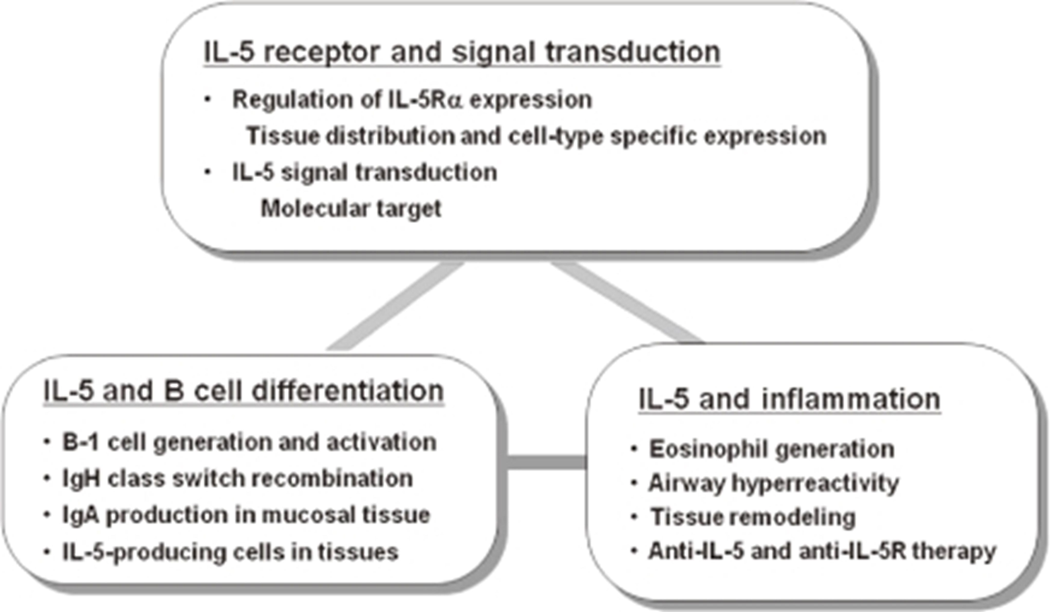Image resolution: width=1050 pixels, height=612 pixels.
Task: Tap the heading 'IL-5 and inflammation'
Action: click(789, 399)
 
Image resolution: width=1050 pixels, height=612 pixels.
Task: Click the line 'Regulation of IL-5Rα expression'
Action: click(412, 100)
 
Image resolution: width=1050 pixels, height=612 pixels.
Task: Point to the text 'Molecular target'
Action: click(351, 208)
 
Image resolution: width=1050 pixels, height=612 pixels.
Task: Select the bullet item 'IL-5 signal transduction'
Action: click(365, 172)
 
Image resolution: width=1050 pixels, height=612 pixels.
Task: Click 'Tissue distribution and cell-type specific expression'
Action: click(536, 136)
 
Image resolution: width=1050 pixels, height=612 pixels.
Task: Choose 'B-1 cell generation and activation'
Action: click(249, 442)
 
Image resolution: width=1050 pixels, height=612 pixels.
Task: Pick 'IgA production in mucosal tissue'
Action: click(246, 515)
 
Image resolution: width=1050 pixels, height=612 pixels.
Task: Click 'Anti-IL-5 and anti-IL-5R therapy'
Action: click(822, 551)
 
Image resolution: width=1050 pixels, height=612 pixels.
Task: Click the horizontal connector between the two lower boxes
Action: click(546, 462)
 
